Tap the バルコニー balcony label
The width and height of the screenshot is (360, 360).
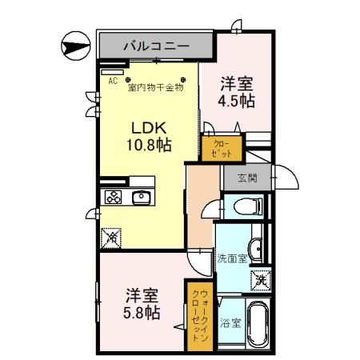pos(156,46)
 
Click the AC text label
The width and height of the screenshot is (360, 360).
pos(112,81)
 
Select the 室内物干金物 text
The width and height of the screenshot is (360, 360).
pos(155,88)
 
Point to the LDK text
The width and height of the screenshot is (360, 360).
pos(148,127)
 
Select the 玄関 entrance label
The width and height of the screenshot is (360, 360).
pos(248,178)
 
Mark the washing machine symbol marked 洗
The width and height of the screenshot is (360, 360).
pos(261,280)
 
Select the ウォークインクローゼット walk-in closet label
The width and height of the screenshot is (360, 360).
pos(198,315)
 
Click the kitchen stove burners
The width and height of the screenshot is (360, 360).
pos(114,198)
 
